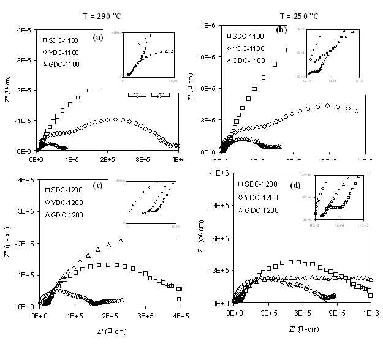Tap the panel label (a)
click(97, 37)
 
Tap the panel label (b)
click(281, 29)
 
